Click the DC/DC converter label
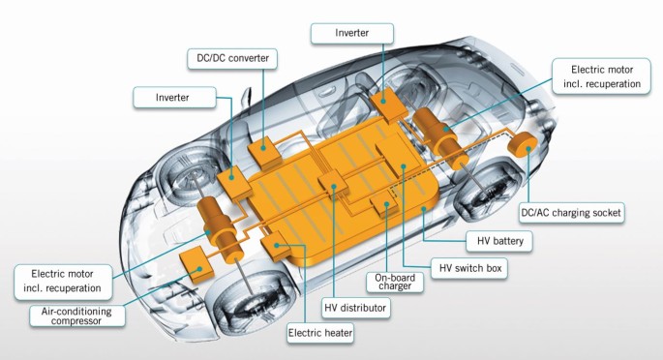click(232, 58)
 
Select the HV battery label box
click(499, 241)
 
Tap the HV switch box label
click(469, 268)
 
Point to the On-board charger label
click(395, 282)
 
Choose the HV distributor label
click(355, 308)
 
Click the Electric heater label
click(320, 333)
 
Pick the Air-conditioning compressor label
click(77, 316)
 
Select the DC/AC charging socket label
click(571, 213)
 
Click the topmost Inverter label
click(351, 33)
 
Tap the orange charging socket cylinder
click(522, 143)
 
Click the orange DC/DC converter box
click(264, 152)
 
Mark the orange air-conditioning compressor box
click(196, 264)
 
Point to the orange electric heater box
click(276, 247)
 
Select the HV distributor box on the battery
click(334, 184)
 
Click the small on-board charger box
click(384, 203)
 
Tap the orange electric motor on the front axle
click(220, 229)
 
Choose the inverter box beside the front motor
click(234, 183)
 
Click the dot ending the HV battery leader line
click(423, 209)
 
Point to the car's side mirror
click(246, 98)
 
